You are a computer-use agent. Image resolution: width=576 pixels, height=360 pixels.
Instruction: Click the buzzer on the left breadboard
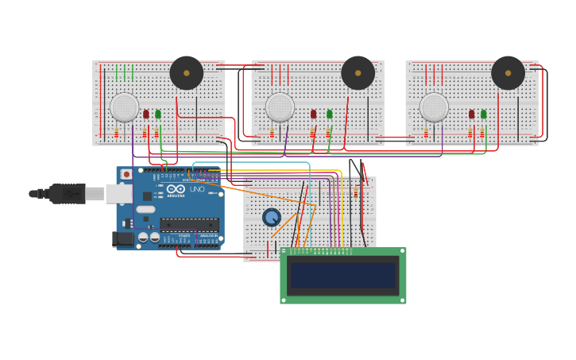click(187, 73)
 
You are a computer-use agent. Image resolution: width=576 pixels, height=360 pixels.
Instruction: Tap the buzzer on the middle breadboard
click(358, 73)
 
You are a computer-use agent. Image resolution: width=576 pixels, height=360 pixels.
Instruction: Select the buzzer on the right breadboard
click(508, 73)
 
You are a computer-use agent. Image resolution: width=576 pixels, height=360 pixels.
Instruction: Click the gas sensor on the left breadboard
click(125, 107)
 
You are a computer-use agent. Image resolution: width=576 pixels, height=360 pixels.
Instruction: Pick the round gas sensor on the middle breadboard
click(280, 107)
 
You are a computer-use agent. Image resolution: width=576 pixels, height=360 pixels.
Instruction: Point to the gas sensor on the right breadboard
click(434, 107)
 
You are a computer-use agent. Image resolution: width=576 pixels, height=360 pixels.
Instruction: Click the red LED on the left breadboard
click(146, 114)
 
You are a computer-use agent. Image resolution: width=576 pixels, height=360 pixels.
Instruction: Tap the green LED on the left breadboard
click(158, 114)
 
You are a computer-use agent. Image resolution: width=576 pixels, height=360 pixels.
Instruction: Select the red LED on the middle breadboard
click(314, 114)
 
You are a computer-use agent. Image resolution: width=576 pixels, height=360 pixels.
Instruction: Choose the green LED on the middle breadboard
click(329, 114)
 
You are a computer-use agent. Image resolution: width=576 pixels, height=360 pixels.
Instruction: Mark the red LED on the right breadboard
click(471, 114)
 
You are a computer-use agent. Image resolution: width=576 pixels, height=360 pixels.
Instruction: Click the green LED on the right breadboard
click(483, 114)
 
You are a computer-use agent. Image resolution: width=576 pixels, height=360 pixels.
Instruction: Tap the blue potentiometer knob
click(272, 217)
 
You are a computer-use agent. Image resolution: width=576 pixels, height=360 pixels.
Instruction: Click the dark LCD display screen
click(342, 276)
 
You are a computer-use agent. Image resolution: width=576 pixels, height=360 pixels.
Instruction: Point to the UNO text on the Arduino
click(196, 189)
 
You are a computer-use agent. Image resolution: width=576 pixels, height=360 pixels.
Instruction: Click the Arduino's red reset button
click(126, 174)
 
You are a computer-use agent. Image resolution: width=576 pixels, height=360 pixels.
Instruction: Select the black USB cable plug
click(68, 193)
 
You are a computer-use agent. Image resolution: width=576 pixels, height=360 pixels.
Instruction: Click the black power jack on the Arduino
click(123, 238)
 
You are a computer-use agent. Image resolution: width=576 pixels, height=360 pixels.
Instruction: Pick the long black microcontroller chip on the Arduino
click(189, 225)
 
